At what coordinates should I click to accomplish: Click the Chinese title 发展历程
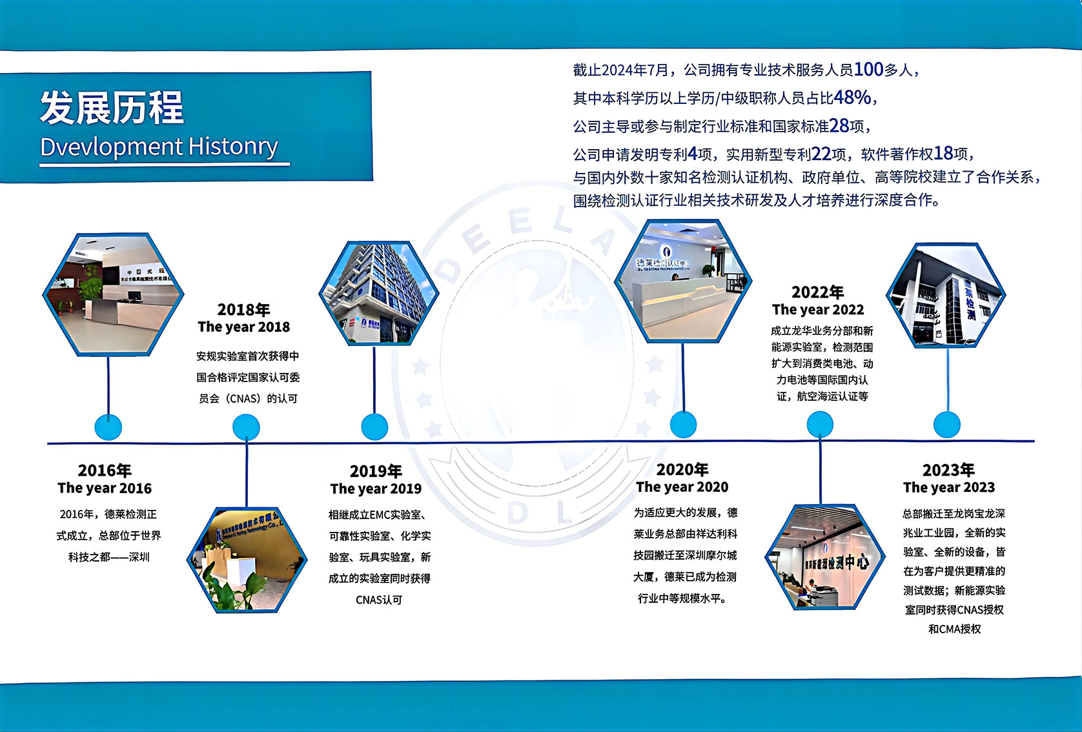[x=112, y=107]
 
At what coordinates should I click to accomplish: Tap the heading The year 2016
[x=105, y=488]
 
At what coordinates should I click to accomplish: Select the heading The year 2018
[x=244, y=327]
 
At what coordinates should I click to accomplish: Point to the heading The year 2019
[x=376, y=489]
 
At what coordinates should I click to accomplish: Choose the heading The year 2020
[x=682, y=487]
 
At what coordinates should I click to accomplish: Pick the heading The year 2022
[x=818, y=309]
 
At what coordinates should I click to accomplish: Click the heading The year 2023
[x=949, y=487]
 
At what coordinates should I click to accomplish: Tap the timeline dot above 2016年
[x=108, y=427]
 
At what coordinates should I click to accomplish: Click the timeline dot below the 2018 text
[x=246, y=427]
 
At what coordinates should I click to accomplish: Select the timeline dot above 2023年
[x=947, y=425]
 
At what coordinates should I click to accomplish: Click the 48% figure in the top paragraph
[x=852, y=97]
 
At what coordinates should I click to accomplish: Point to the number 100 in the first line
[x=868, y=69]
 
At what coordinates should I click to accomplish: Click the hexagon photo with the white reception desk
[x=683, y=281]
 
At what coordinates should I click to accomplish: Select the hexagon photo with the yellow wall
[x=247, y=560]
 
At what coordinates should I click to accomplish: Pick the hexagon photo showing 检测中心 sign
[x=825, y=557]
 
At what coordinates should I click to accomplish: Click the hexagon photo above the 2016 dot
[x=113, y=294]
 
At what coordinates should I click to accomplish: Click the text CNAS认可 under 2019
[x=379, y=600]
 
